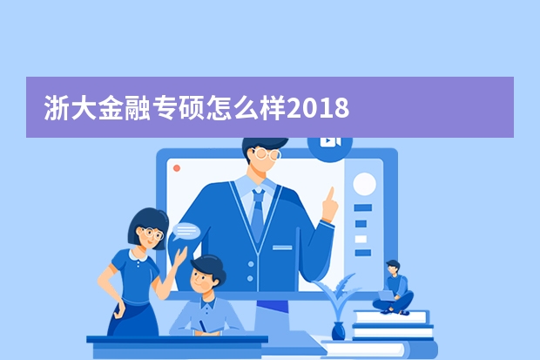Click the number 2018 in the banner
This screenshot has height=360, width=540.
[318, 107]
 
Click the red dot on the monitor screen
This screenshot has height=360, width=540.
[177, 168]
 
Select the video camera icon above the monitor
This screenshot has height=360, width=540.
[330, 142]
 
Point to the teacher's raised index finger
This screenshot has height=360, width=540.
[331, 194]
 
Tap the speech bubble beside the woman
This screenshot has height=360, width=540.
[186, 231]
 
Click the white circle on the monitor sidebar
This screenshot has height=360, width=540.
[364, 184]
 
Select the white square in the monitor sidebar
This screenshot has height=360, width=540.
[361, 239]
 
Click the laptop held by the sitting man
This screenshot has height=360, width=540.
[387, 295]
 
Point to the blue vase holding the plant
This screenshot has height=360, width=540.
[338, 330]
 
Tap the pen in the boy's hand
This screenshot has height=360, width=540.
[202, 326]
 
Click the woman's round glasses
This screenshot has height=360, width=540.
[152, 233]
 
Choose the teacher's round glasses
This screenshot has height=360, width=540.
[267, 154]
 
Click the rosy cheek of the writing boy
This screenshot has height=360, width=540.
[206, 285]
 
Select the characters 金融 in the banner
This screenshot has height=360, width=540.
[124, 107]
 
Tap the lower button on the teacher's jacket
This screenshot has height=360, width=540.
[250, 278]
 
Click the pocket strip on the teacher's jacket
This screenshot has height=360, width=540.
[282, 248]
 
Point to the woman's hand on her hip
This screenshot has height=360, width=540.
[120, 309]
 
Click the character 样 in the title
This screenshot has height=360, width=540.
[273, 107]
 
